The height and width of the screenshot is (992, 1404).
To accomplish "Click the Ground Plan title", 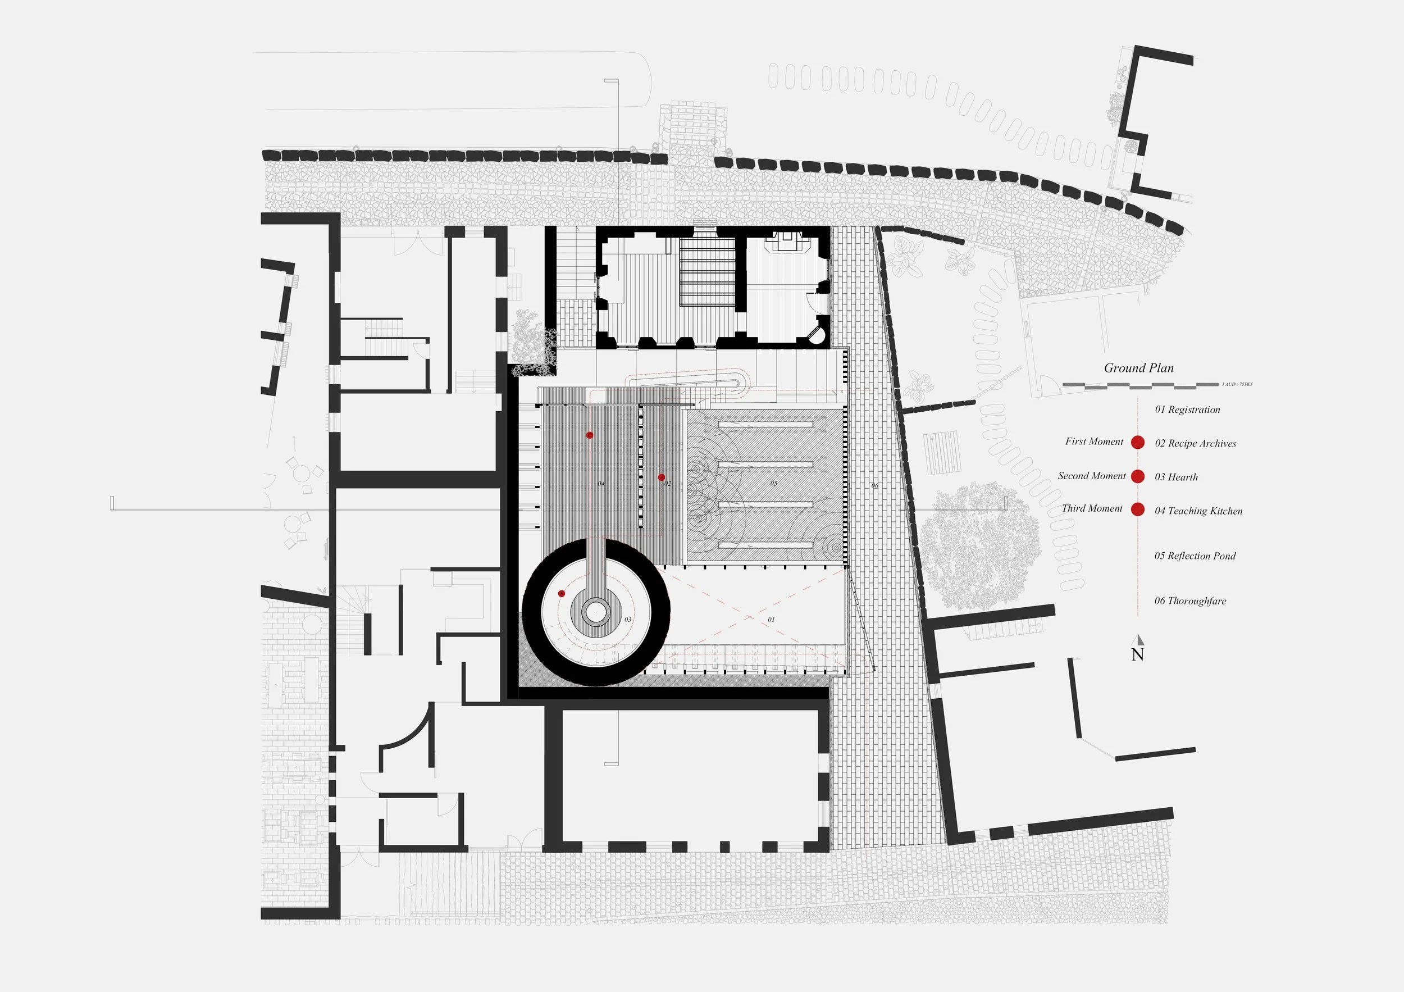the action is click(1138, 368).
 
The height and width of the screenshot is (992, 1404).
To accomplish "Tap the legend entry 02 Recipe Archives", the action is click(1195, 443).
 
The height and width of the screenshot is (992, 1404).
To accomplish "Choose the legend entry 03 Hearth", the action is click(1176, 477).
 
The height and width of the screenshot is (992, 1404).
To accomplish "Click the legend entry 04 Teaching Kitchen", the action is click(1198, 511).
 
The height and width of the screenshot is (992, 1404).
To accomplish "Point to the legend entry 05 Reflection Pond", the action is click(1195, 556).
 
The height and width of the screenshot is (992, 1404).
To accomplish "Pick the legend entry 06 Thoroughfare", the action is click(1190, 600).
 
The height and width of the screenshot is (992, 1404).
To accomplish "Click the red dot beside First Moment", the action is click(1137, 442).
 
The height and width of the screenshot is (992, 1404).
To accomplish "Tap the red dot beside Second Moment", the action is click(1137, 476).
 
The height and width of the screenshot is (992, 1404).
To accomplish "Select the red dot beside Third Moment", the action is click(1137, 509).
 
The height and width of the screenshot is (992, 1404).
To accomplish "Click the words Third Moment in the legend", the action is click(1092, 508).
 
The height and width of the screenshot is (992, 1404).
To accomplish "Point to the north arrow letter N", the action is click(1137, 654).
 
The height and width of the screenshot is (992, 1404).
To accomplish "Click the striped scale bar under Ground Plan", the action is click(1140, 385).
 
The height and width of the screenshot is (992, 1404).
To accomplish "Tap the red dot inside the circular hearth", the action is click(562, 593).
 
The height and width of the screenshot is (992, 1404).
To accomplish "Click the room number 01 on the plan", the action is click(771, 620).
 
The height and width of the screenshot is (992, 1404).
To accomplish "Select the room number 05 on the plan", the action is click(773, 483).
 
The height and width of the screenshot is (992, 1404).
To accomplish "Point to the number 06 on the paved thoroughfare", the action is click(875, 485).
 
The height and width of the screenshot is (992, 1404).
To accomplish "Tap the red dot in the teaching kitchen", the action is click(590, 435).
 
